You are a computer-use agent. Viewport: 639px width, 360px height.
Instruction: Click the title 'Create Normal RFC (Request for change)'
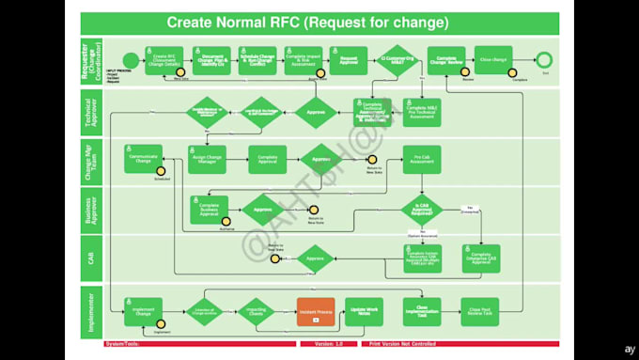click(x=307, y=23)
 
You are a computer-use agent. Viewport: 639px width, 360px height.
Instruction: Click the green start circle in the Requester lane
click(x=130, y=61)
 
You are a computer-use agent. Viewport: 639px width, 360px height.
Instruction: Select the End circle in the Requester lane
click(x=544, y=61)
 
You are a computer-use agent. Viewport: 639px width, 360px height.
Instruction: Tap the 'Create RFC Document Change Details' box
click(x=166, y=61)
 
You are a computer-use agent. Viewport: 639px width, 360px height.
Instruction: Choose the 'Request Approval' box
click(x=348, y=61)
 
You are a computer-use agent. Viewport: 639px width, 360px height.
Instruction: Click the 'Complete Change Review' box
click(x=446, y=61)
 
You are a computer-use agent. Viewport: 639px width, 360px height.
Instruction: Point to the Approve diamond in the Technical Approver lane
click(x=317, y=112)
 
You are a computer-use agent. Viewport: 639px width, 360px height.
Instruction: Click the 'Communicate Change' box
click(x=144, y=159)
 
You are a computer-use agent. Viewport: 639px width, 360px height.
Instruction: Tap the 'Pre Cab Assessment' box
click(x=422, y=159)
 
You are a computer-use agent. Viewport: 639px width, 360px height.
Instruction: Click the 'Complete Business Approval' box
click(x=209, y=210)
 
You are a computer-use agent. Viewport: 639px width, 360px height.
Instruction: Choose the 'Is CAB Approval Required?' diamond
click(x=422, y=210)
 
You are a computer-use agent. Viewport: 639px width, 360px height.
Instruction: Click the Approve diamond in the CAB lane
click(x=317, y=258)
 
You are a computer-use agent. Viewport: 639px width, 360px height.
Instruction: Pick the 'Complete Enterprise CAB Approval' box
click(x=480, y=258)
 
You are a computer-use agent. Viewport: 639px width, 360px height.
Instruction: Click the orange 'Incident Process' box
click(x=316, y=311)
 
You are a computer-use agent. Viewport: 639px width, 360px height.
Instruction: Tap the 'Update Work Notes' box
click(x=363, y=311)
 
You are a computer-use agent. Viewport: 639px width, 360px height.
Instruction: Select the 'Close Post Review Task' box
click(x=480, y=311)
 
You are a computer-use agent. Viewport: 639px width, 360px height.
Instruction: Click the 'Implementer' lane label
click(x=91, y=311)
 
